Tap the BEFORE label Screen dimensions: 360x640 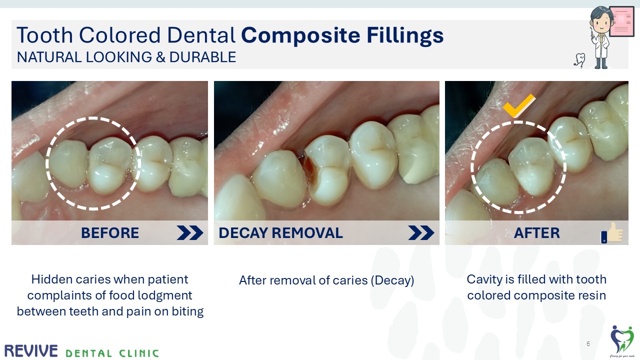point(110,233)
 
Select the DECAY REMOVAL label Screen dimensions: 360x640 point(280,233)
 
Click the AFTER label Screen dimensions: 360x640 point(536,233)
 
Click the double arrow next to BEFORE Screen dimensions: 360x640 point(189,233)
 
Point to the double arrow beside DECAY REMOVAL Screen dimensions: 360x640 point(421,233)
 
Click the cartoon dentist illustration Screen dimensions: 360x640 point(600,37)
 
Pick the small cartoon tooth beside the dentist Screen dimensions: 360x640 point(579,60)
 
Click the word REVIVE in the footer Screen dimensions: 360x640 point(31,351)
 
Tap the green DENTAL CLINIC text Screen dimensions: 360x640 point(112,353)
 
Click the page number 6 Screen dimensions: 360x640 point(588,344)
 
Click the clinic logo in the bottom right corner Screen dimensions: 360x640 point(621,340)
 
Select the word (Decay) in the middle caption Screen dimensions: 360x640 point(392,280)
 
